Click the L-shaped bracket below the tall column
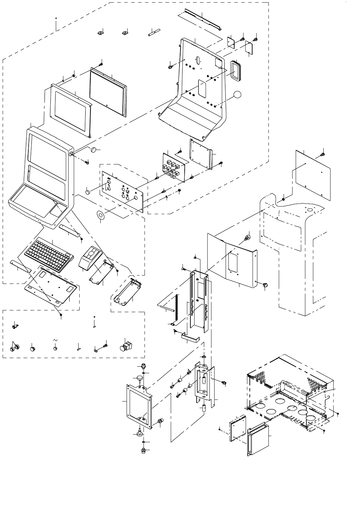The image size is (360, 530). [190, 337]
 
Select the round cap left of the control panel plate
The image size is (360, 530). [88, 192]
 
